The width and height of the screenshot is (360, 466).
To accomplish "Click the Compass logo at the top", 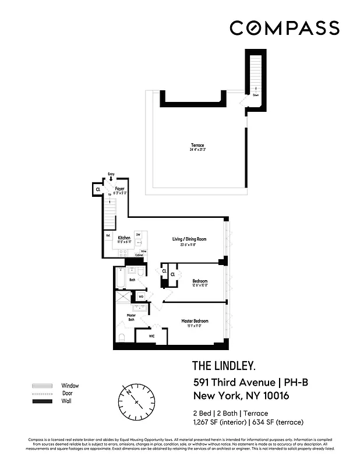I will [284, 28].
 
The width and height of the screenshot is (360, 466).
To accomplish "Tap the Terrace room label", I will [196, 145].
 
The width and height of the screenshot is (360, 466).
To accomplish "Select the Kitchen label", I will [124, 238].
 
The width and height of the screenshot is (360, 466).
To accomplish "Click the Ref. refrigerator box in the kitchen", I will [108, 235].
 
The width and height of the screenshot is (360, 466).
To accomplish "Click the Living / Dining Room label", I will [189, 239].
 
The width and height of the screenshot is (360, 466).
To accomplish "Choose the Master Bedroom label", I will [195, 321].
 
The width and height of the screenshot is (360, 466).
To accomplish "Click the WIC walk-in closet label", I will [151, 336].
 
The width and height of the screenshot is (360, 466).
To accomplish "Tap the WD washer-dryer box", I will [141, 296].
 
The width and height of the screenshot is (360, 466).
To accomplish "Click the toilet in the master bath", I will [121, 338].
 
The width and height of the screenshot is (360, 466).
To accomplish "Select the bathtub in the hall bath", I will [120, 278].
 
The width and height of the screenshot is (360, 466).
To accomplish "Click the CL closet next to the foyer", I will [98, 189].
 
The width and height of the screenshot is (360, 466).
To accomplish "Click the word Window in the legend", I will [70, 386].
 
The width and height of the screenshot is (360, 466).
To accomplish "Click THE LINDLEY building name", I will [224, 366].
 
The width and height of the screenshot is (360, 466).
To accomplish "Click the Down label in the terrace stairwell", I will [256, 94].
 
